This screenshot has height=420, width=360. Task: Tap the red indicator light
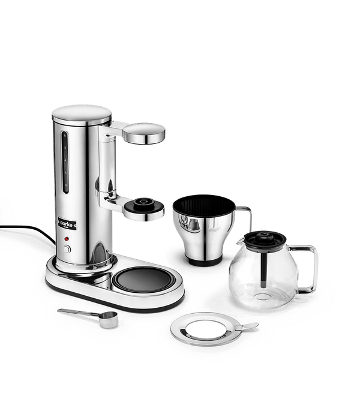click(67, 239)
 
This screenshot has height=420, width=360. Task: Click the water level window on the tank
click(65, 162)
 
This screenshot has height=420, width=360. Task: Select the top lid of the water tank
click(82, 114)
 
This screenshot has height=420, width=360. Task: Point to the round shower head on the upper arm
click(144, 133)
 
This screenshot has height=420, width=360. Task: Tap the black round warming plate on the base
click(143, 280)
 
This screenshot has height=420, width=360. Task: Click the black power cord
click(29, 230)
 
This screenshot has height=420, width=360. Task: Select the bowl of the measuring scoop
click(108, 319)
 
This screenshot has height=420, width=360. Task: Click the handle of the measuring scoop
click(78, 312)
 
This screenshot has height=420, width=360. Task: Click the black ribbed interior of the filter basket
click(203, 206)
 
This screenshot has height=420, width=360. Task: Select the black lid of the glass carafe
click(265, 241)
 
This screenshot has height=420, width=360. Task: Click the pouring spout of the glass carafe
click(240, 241)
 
